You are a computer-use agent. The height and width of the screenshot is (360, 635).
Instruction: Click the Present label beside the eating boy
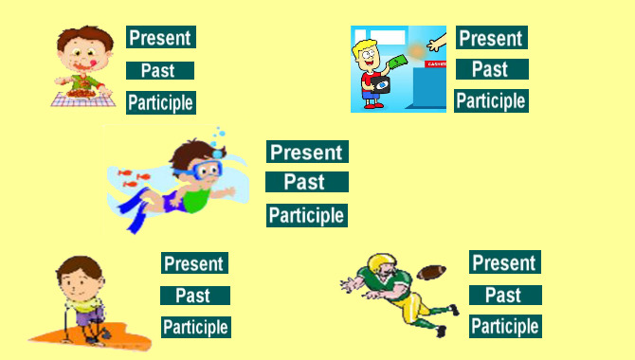coord(161,37)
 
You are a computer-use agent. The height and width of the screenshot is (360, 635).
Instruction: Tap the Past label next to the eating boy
coord(160,70)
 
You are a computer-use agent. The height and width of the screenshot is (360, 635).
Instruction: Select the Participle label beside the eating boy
coord(161,102)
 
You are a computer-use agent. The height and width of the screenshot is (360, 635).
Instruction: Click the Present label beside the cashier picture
coord(492,38)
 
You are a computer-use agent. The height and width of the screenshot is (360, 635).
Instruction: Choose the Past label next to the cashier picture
coord(492,69)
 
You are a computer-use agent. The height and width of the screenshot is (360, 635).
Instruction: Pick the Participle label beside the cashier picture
coord(491,100)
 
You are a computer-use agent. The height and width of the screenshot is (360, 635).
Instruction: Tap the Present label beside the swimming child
coord(307,152)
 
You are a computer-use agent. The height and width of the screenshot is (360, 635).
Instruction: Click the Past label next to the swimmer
coord(307,182)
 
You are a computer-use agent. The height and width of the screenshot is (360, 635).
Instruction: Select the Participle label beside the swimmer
coord(307,215)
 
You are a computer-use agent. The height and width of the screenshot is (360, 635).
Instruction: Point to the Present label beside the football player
coord(505,262)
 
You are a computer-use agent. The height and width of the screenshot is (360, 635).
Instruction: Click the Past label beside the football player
coord(505,295)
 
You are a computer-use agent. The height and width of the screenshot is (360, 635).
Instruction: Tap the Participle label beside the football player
coord(505,327)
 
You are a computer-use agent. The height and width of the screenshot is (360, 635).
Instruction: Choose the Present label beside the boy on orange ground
coord(195,263)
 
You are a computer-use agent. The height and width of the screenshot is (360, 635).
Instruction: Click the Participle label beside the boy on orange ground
coord(196,327)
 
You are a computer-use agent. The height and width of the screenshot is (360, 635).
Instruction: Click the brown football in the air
coord(431,272)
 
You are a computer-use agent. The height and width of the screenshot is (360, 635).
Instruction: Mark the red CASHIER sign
coord(435,64)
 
